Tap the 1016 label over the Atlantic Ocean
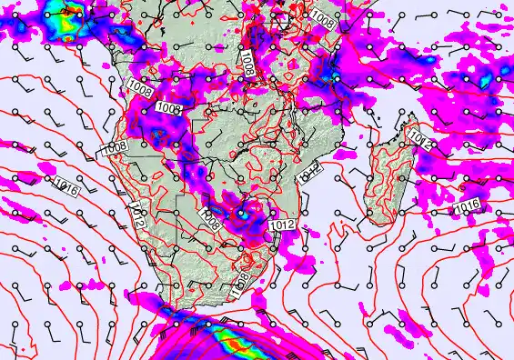(x=64, y=187)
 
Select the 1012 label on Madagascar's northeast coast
(x=419, y=139)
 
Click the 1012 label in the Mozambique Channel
(x=310, y=169)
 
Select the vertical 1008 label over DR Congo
(x=247, y=61)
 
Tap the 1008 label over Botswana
(x=211, y=220)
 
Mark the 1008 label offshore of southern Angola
(x=114, y=147)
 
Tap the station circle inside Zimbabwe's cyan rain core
(x=240, y=215)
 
